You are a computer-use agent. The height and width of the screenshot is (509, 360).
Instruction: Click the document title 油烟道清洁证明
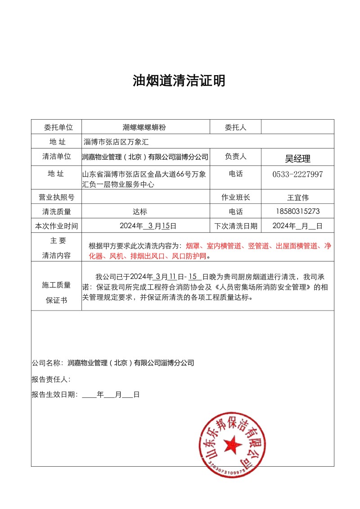179,81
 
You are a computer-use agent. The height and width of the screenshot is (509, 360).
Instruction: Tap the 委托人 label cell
235,127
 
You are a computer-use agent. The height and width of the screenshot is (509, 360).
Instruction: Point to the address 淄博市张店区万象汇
116,142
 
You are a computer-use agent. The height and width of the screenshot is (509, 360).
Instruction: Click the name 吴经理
297,158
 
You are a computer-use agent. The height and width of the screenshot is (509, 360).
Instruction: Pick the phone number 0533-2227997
297,174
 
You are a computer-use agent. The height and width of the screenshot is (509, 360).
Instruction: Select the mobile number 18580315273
297,212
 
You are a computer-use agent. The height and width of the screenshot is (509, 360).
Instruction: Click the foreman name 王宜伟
297,197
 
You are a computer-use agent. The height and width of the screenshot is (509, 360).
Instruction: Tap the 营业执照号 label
56,197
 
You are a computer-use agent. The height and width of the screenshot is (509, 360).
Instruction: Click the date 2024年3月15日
148,226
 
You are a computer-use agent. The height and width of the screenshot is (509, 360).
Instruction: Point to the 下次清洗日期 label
235,226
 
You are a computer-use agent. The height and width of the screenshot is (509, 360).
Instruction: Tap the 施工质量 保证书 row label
56,292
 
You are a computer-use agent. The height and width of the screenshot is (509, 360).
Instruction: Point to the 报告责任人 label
51,379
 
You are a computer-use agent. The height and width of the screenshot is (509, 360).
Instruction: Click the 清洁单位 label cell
56,157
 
